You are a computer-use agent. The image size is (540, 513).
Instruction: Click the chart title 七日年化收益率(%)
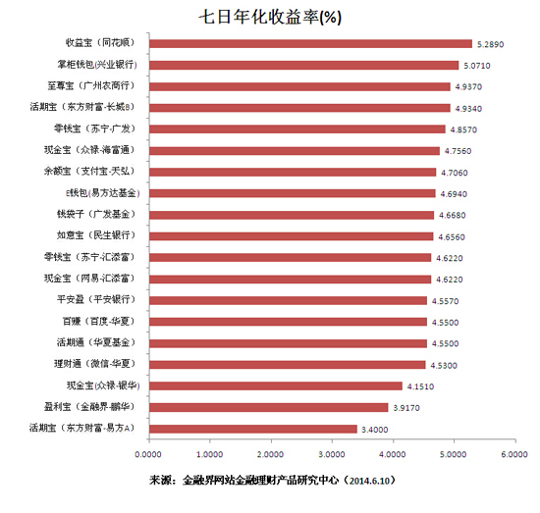(x=269, y=17)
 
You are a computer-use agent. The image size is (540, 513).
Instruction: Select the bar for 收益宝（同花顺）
(x=310, y=43)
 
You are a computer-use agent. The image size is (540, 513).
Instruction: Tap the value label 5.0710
(x=477, y=65)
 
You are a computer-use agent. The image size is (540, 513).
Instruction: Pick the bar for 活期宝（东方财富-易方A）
(x=252, y=428)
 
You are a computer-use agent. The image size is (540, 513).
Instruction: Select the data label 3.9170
(x=406, y=407)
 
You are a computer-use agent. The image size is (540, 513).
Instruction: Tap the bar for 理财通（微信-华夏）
(x=288, y=364)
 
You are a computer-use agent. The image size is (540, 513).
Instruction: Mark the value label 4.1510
(x=420, y=385)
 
